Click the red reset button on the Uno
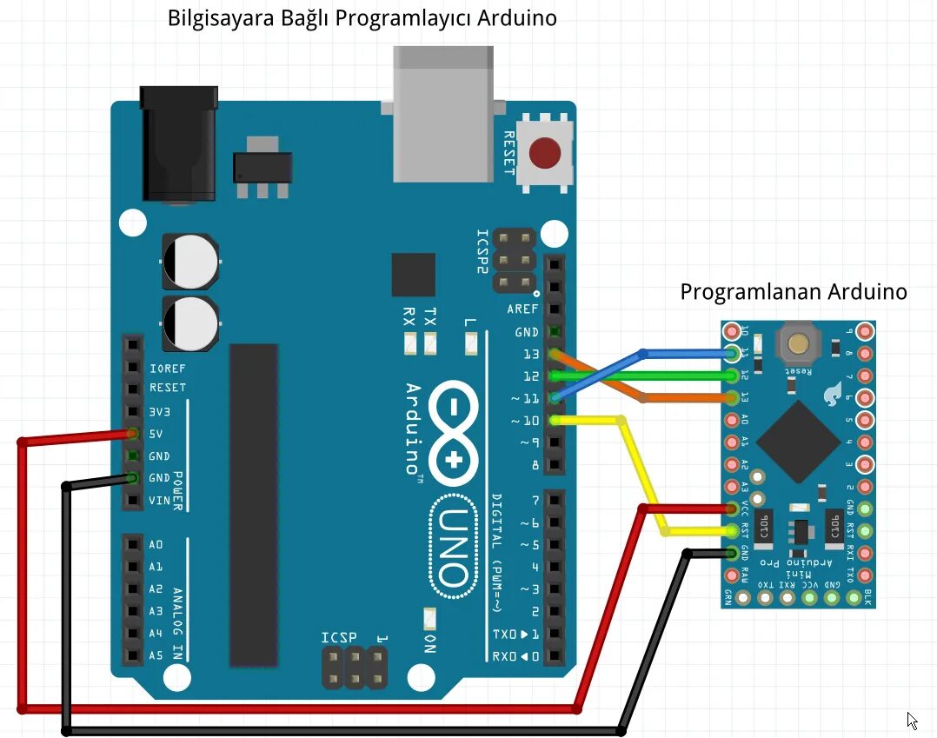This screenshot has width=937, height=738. (x=545, y=153)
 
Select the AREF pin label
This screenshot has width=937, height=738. (x=522, y=309)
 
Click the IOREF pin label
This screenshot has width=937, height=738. (x=168, y=368)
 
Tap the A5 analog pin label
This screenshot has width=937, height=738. (x=156, y=655)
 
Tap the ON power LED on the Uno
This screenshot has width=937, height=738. (x=429, y=620)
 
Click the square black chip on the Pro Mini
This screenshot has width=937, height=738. (x=797, y=441)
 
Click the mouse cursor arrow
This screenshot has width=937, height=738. (x=912, y=720)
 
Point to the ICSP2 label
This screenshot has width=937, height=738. (x=482, y=252)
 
